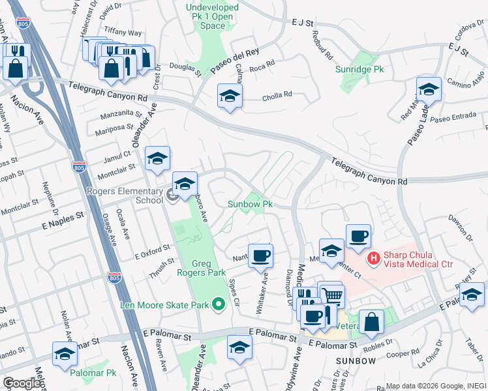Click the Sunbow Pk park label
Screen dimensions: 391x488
click(x=249, y=204)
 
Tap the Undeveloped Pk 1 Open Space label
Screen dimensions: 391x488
click(x=213, y=16)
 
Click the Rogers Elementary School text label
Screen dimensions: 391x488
click(x=125, y=195)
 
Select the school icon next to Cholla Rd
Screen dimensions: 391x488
click(x=230, y=97)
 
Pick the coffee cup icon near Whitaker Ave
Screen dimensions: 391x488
click(x=260, y=255)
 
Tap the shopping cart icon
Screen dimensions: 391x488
click(x=332, y=295)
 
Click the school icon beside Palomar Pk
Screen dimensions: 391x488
click(x=65, y=354)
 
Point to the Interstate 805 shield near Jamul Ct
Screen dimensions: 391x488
click(x=78, y=167)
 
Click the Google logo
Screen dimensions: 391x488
click(x=22, y=383)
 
